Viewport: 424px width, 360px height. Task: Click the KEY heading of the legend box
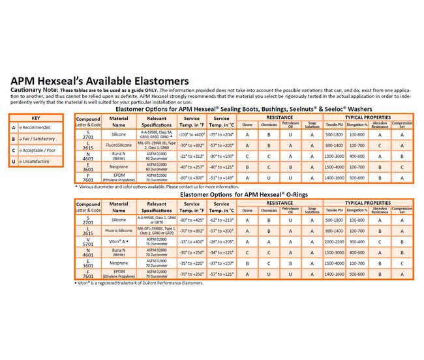tap(36, 118)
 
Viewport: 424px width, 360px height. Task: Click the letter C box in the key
tap(14, 150)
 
